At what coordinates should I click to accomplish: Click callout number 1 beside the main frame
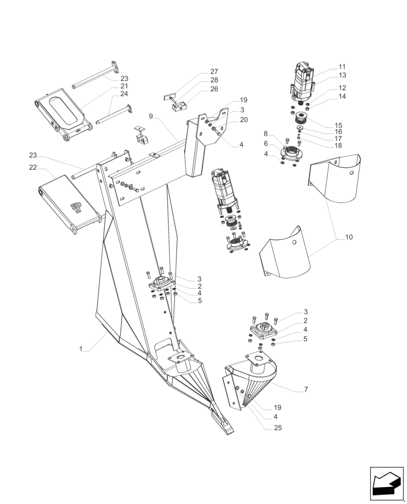(80, 349)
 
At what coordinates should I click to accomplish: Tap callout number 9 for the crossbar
(151, 116)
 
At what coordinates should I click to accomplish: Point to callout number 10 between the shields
(349, 236)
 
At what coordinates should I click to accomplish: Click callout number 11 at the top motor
(342, 67)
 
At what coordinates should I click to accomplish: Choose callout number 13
(342, 75)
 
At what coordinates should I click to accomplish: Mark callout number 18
(338, 145)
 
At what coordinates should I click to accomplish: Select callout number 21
(124, 86)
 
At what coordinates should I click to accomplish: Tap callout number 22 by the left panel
(33, 167)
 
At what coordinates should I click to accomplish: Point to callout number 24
(124, 94)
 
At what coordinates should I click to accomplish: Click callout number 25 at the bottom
(278, 428)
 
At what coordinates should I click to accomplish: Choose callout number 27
(214, 72)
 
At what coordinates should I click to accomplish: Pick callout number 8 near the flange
(265, 134)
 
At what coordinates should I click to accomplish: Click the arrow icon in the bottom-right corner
(386, 484)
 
